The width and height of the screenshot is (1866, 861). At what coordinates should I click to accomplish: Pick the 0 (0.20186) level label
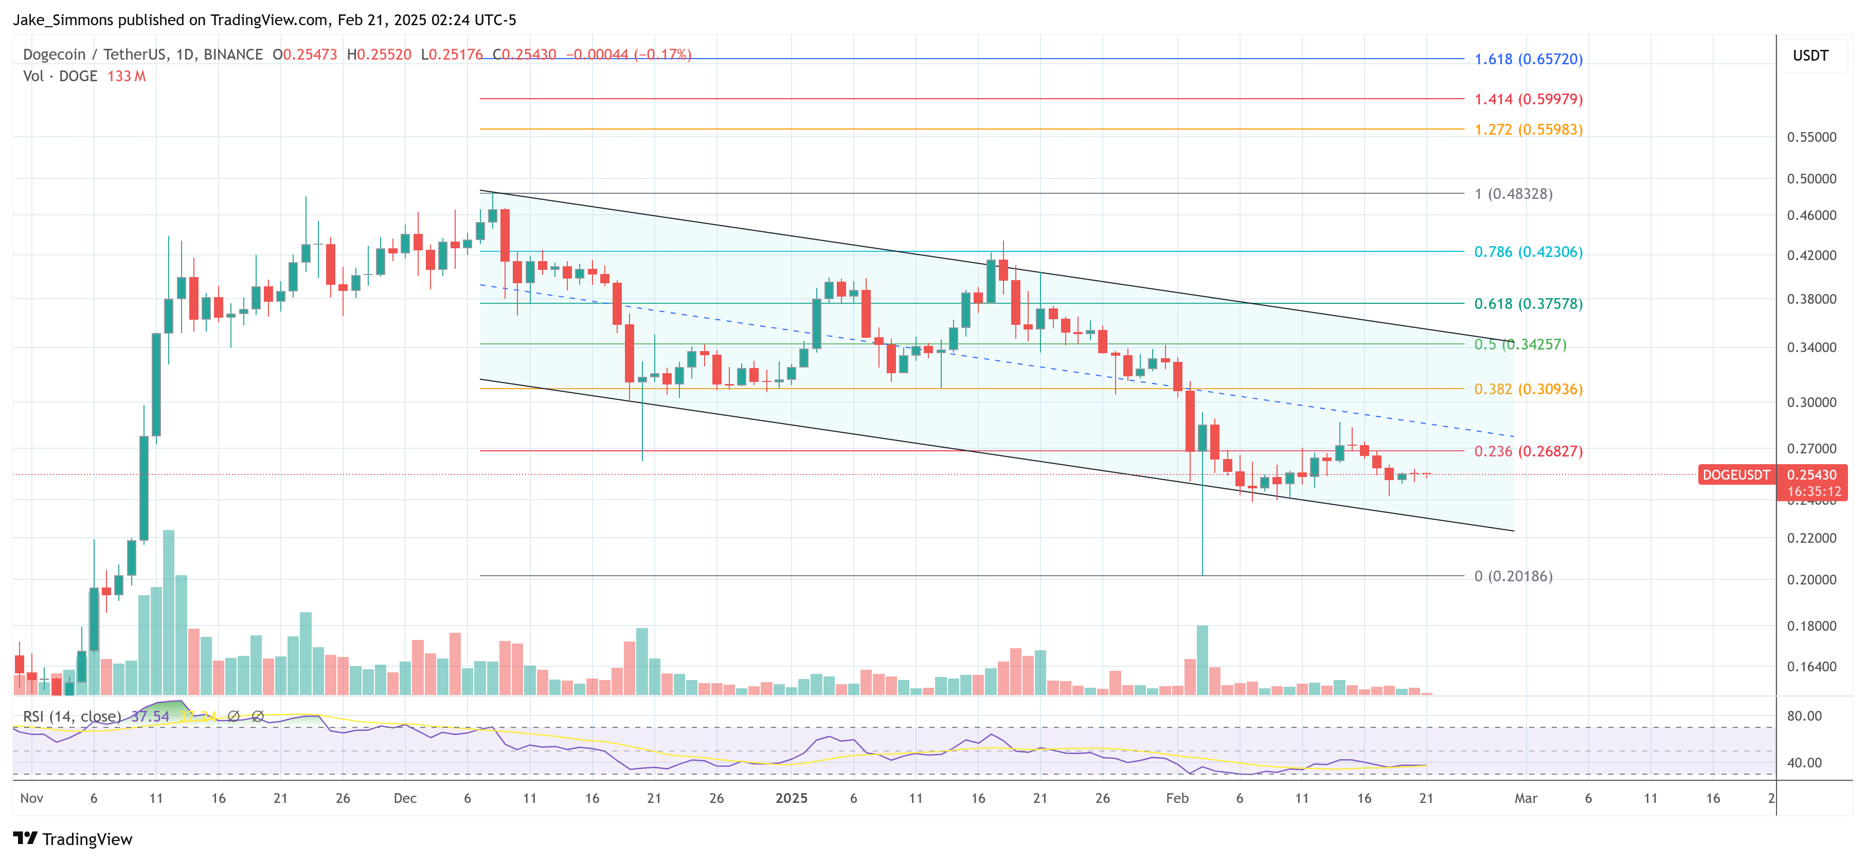click(x=1513, y=576)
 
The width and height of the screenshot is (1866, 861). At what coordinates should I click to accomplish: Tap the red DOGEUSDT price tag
click(x=1735, y=475)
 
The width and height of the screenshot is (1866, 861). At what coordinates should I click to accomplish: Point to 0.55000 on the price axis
click(x=1811, y=137)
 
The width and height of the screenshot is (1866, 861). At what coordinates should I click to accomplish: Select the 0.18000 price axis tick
click(x=1811, y=626)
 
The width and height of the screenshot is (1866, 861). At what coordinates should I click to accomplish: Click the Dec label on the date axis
click(x=405, y=798)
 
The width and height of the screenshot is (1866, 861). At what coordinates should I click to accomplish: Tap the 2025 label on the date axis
click(x=791, y=798)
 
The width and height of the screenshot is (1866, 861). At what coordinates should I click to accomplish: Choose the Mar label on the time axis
click(x=1526, y=798)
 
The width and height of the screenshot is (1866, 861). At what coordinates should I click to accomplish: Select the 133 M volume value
click(x=126, y=76)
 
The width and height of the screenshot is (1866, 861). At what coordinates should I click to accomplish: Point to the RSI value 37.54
click(x=150, y=716)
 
